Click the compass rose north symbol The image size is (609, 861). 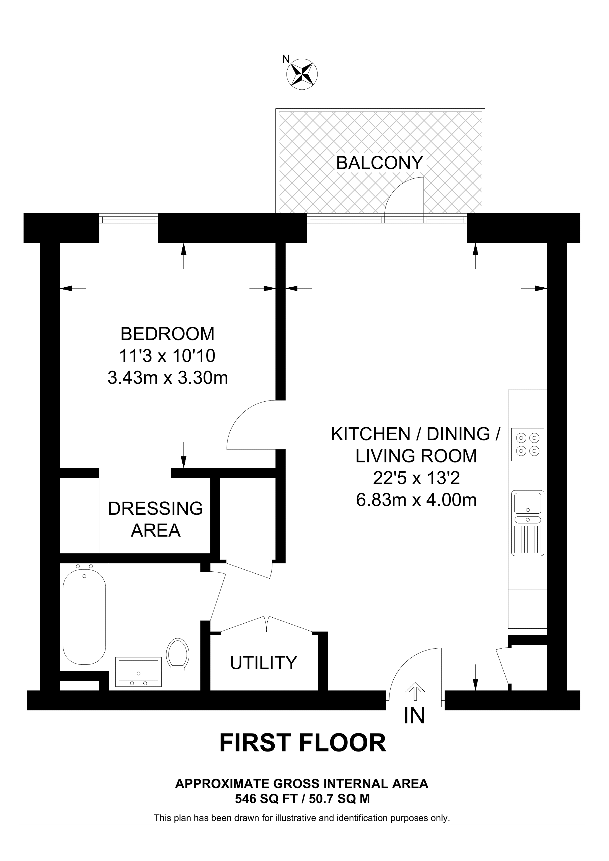[x=302, y=74]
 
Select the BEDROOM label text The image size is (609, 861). [x=167, y=334]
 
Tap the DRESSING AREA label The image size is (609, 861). [x=155, y=519]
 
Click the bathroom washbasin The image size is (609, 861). [x=138, y=671]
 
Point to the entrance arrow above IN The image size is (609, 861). [x=415, y=691]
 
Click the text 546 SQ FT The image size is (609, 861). [x=266, y=799]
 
